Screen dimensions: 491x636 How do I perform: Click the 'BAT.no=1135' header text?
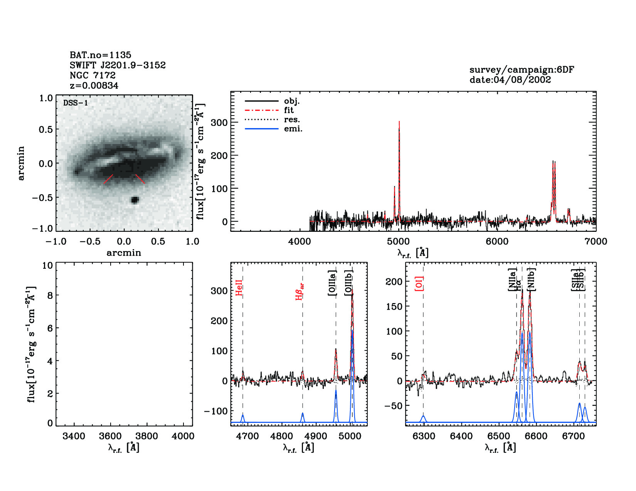[100, 55]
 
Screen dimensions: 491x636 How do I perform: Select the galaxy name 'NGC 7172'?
[93, 75]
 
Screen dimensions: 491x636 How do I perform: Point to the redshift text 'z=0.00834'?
[94, 85]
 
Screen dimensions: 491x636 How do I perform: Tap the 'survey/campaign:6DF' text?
[522, 70]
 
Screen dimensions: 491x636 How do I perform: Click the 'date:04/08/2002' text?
[510, 80]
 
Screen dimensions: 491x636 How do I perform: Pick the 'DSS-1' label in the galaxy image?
[76, 103]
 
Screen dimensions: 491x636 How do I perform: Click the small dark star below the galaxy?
[135, 199]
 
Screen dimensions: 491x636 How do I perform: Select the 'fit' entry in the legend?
[289, 110]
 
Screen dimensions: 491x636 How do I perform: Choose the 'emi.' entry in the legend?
[293, 129]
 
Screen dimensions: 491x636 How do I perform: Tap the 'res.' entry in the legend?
[292, 119]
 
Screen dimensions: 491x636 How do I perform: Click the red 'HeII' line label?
[239, 288]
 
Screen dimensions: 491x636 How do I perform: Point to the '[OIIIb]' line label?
[349, 283]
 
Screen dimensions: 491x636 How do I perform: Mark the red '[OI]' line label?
[419, 283]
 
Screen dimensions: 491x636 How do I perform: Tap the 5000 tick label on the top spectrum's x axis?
[398, 241]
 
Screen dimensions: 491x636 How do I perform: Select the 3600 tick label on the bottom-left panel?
[110, 436]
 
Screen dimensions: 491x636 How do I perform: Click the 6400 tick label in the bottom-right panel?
[461, 436]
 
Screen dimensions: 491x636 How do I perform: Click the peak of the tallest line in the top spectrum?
[399, 122]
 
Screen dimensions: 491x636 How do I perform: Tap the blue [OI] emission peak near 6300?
[423, 416]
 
